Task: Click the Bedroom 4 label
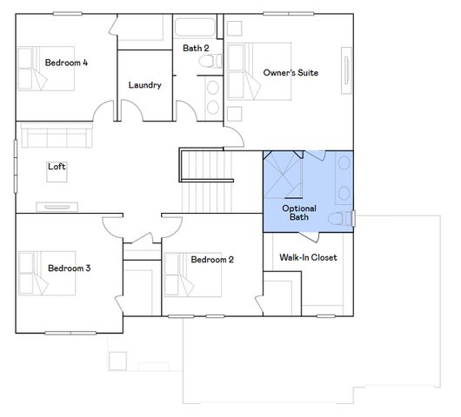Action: point(67,63)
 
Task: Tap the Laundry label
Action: point(144,85)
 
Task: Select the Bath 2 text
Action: point(196,49)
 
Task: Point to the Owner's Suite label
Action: point(291,73)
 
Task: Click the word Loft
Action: point(57,167)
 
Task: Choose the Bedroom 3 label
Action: point(70,268)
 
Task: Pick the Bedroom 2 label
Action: point(212,260)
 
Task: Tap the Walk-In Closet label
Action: point(307,258)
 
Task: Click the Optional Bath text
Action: point(298,213)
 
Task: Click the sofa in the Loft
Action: point(53,136)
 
